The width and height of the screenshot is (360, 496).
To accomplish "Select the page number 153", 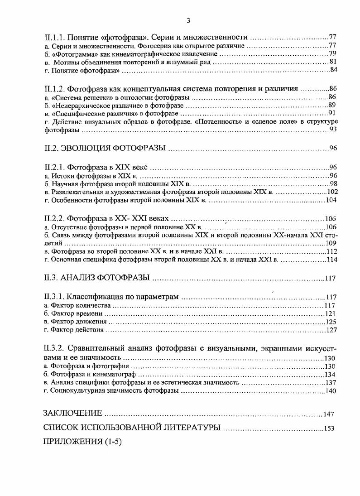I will click(x=329, y=428).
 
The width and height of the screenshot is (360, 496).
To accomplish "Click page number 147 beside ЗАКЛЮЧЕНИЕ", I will click(x=329, y=414).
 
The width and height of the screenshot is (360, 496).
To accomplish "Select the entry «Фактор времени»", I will click(x=77, y=313).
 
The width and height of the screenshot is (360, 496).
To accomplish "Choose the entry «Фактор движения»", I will click(x=79, y=322).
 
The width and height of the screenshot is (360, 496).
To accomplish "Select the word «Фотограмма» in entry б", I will click(x=70, y=54).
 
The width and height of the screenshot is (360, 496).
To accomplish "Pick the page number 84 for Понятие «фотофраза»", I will click(x=334, y=70).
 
